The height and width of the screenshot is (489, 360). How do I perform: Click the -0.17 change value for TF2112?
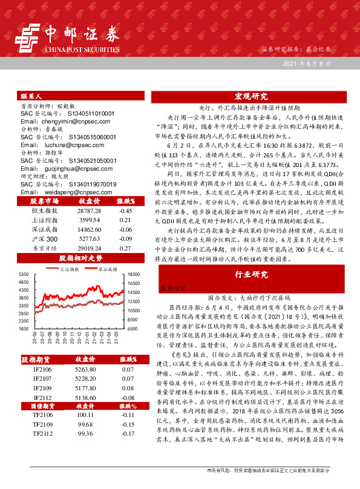(127, 433)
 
